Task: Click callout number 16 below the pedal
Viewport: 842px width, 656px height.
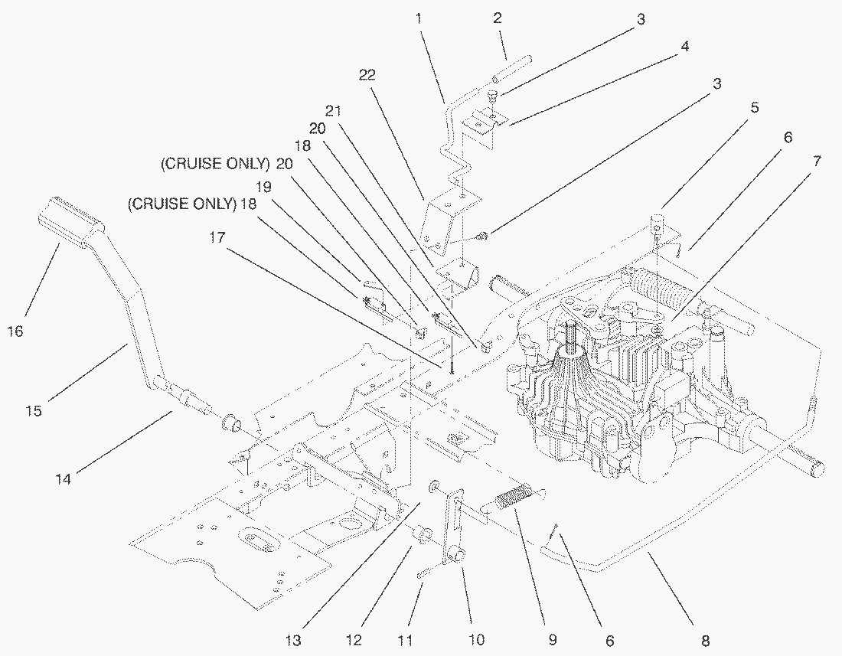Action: (x=15, y=331)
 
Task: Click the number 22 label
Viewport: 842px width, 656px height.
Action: (x=367, y=74)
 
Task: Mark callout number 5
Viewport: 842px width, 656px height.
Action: (x=754, y=108)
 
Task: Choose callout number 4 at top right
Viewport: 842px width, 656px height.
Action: (x=684, y=46)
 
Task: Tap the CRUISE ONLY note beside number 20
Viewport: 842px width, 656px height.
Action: (x=215, y=163)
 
